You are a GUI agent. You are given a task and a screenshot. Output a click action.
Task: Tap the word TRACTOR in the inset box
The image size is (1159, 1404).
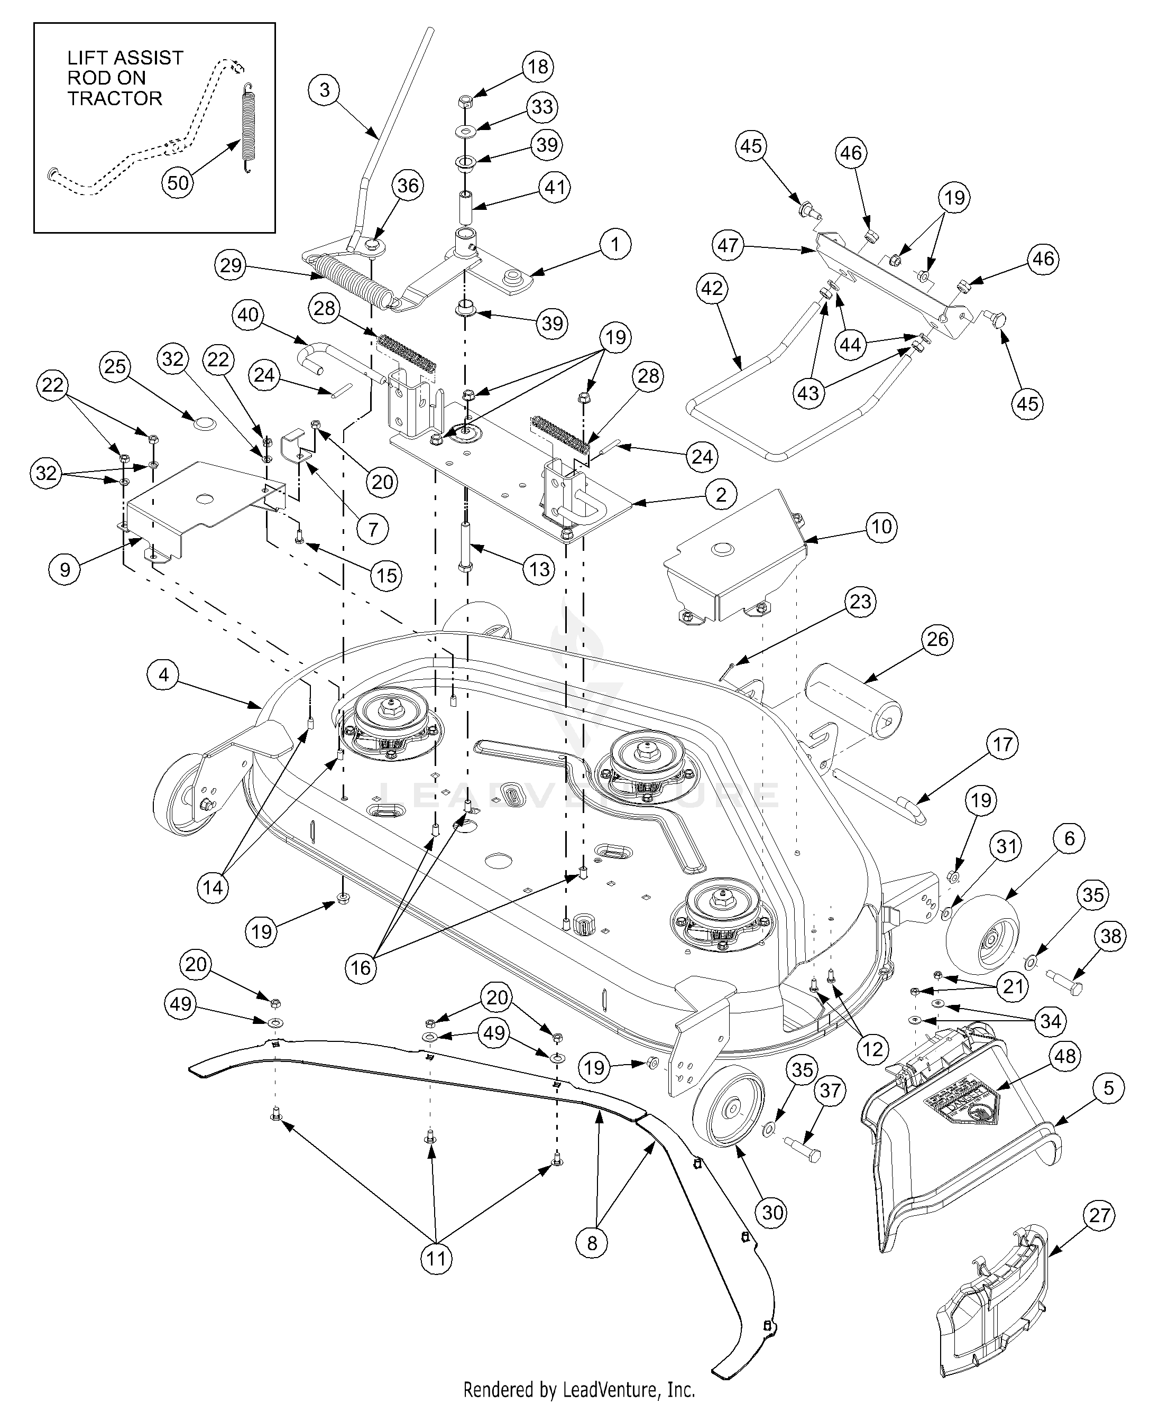[115, 98]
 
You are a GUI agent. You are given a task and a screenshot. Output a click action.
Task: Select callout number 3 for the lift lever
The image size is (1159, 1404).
[325, 89]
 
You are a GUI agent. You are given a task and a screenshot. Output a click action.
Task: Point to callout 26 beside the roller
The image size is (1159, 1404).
[937, 639]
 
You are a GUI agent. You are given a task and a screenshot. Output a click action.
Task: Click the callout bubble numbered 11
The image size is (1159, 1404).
[436, 1259]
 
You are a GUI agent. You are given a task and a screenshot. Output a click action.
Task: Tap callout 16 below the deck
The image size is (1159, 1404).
[361, 967]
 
